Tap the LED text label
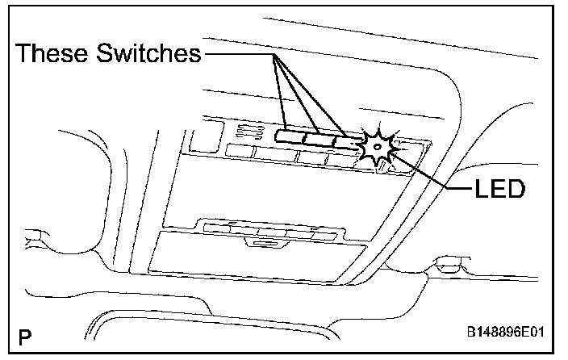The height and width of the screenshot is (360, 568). click(499, 190)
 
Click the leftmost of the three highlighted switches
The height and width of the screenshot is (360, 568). click(289, 136)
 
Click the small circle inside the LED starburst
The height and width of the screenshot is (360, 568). click(377, 147)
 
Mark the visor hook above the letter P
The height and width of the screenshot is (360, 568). click(36, 237)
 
